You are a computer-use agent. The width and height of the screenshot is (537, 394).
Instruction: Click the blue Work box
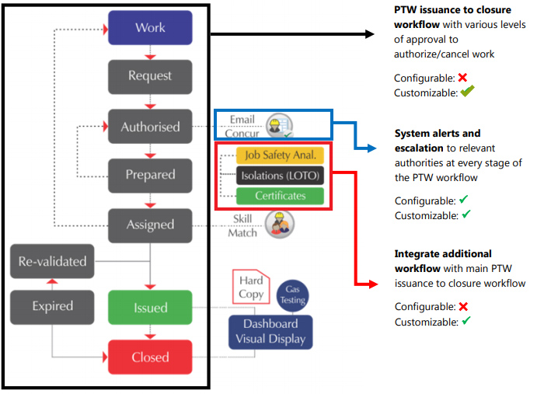(150, 27)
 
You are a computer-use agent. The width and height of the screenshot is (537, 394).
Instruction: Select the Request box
(150, 76)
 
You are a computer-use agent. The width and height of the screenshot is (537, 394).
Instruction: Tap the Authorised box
(150, 126)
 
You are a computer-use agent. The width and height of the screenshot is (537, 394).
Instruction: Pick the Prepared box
(150, 175)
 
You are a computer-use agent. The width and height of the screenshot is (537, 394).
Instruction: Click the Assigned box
(150, 224)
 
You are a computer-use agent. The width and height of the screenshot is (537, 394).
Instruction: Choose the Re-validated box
(52, 261)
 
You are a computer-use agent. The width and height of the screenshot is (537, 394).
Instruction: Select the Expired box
(52, 307)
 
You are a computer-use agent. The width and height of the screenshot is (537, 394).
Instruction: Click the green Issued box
(150, 307)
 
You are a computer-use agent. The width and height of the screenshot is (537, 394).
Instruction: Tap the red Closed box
(150, 357)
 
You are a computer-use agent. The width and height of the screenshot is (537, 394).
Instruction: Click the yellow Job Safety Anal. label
(280, 155)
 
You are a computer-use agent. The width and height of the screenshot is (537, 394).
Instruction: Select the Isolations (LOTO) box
(280, 175)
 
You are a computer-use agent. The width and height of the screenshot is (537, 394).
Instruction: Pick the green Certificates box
(280, 195)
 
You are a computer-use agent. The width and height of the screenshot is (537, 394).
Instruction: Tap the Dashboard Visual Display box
(270, 331)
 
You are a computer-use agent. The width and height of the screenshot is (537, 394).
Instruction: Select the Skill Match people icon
(279, 224)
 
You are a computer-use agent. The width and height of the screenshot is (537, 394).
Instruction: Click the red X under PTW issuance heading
(462, 78)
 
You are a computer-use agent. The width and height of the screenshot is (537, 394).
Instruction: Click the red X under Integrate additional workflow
(462, 307)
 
